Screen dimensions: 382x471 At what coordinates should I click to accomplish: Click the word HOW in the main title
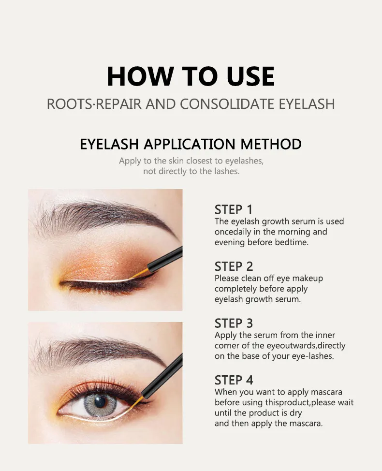coord(140,76)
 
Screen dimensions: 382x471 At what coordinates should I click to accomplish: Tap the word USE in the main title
coord(251,76)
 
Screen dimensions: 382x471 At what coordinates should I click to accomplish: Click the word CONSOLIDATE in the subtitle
coord(227,104)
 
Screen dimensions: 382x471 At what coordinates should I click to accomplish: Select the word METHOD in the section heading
coord(271,144)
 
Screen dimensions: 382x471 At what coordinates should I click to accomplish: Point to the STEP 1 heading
coord(234,210)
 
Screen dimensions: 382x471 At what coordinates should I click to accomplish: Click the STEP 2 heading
coord(234,266)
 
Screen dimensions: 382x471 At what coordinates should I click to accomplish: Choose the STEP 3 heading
coord(234,323)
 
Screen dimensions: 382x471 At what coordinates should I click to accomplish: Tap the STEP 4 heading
coord(234,380)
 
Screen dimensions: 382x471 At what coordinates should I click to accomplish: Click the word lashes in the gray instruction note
coord(227,171)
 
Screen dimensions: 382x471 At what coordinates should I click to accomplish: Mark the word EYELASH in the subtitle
coord(307,104)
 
